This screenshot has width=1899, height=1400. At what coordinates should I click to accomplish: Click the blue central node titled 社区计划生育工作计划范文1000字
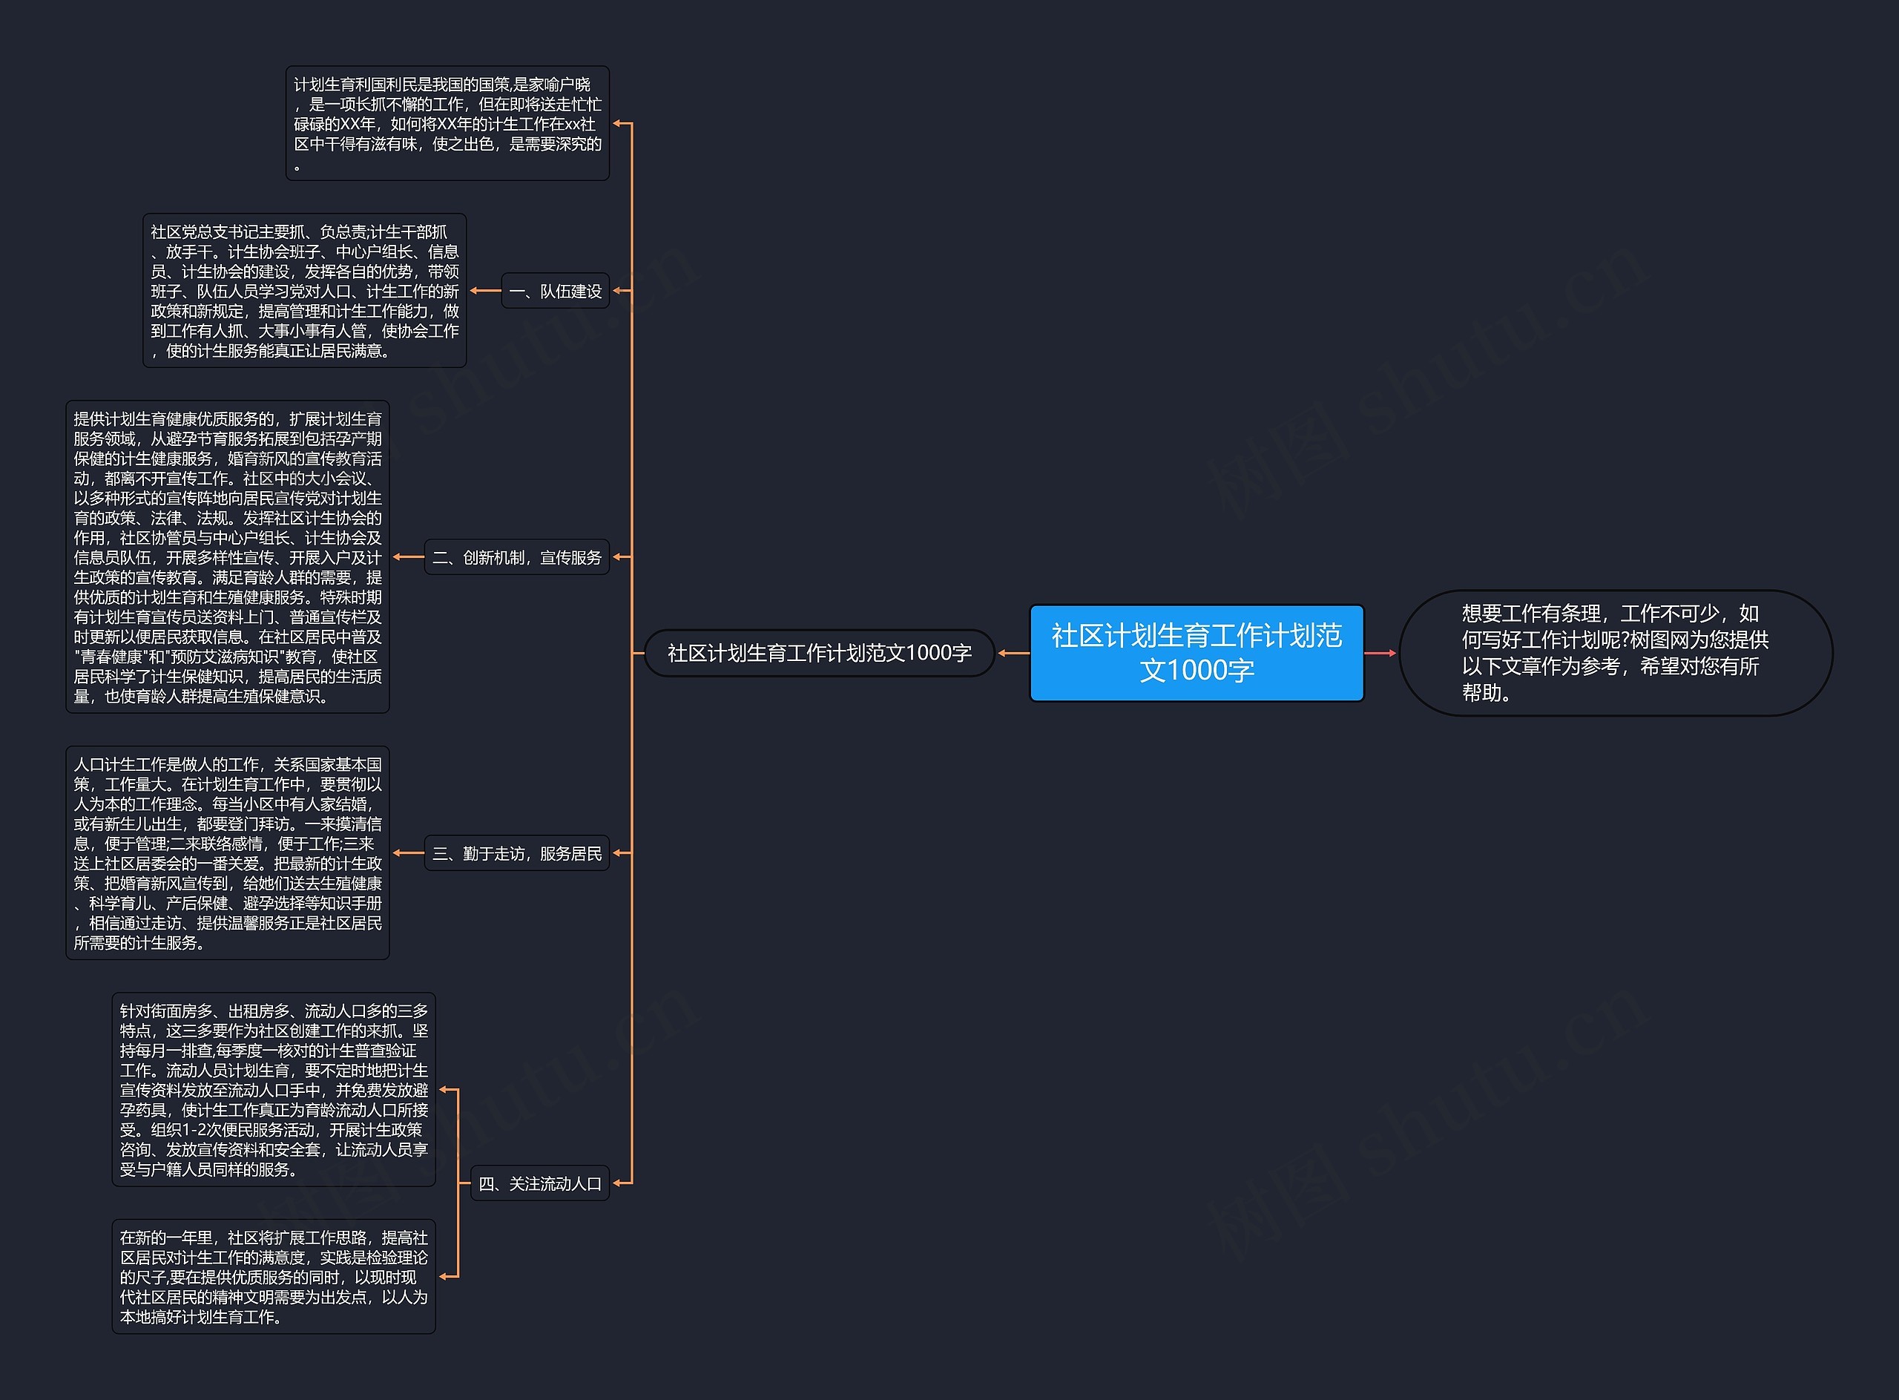pos(1196,653)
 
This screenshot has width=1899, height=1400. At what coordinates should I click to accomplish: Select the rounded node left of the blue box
pos(819,653)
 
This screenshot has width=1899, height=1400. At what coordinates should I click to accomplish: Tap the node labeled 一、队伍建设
pos(555,291)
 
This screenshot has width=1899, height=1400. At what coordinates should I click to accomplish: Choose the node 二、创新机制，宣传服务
pos(516,556)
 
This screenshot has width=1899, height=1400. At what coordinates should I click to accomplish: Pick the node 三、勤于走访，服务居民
pos(516,852)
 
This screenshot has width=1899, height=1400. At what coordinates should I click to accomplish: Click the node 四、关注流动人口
pos(540,1183)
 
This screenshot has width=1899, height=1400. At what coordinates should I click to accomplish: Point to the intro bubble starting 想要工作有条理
pos(1614,653)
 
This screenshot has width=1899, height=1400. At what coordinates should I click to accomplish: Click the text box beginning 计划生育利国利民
pos(447,124)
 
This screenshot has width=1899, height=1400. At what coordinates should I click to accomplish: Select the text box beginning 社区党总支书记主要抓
pos(304,291)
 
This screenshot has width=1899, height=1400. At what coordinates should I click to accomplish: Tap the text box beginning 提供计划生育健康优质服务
pos(227,556)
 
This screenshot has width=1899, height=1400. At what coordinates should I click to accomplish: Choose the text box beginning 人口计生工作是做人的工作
pos(227,852)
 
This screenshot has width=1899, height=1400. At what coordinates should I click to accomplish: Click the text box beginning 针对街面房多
pos(274,1089)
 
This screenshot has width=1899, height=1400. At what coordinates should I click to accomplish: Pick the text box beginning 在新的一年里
pos(274,1276)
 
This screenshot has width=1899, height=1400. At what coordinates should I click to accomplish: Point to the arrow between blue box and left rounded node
pos(1013,653)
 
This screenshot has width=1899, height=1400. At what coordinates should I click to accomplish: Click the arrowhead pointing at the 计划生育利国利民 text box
pos(618,124)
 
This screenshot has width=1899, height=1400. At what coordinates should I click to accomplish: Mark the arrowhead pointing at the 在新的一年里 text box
pos(444,1276)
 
